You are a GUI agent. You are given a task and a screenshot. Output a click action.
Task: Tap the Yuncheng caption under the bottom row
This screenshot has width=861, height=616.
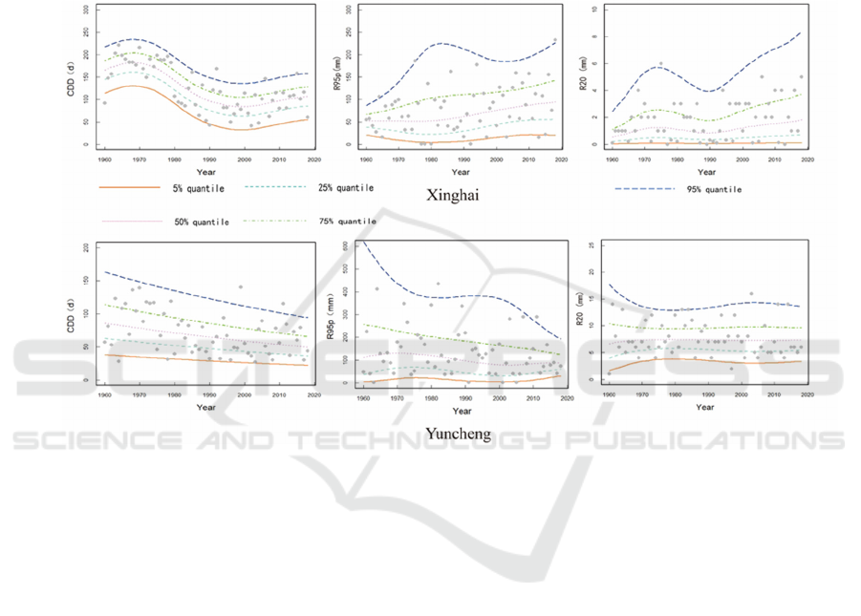point(459,434)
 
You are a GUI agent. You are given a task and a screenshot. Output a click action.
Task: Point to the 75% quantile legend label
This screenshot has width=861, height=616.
point(345,221)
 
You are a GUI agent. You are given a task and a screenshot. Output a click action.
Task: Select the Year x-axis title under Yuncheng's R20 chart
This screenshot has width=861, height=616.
point(705,408)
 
